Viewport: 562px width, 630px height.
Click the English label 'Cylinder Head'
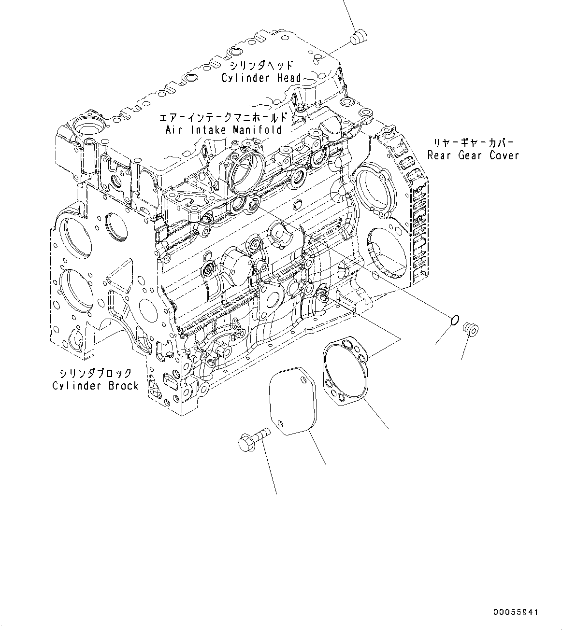click(261, 78)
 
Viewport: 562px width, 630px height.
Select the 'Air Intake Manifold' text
click(223, 130)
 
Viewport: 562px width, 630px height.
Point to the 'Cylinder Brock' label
click(95, 386)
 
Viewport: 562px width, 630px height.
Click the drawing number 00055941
click(515, 612)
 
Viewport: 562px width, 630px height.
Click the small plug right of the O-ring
click(470, 329)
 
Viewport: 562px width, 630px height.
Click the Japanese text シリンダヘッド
click(261, 65)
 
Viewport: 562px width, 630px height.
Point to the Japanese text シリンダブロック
click(96, 373)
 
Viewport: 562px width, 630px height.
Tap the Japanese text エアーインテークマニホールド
click(223, 117)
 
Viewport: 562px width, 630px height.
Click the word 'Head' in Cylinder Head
click(289, 78)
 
